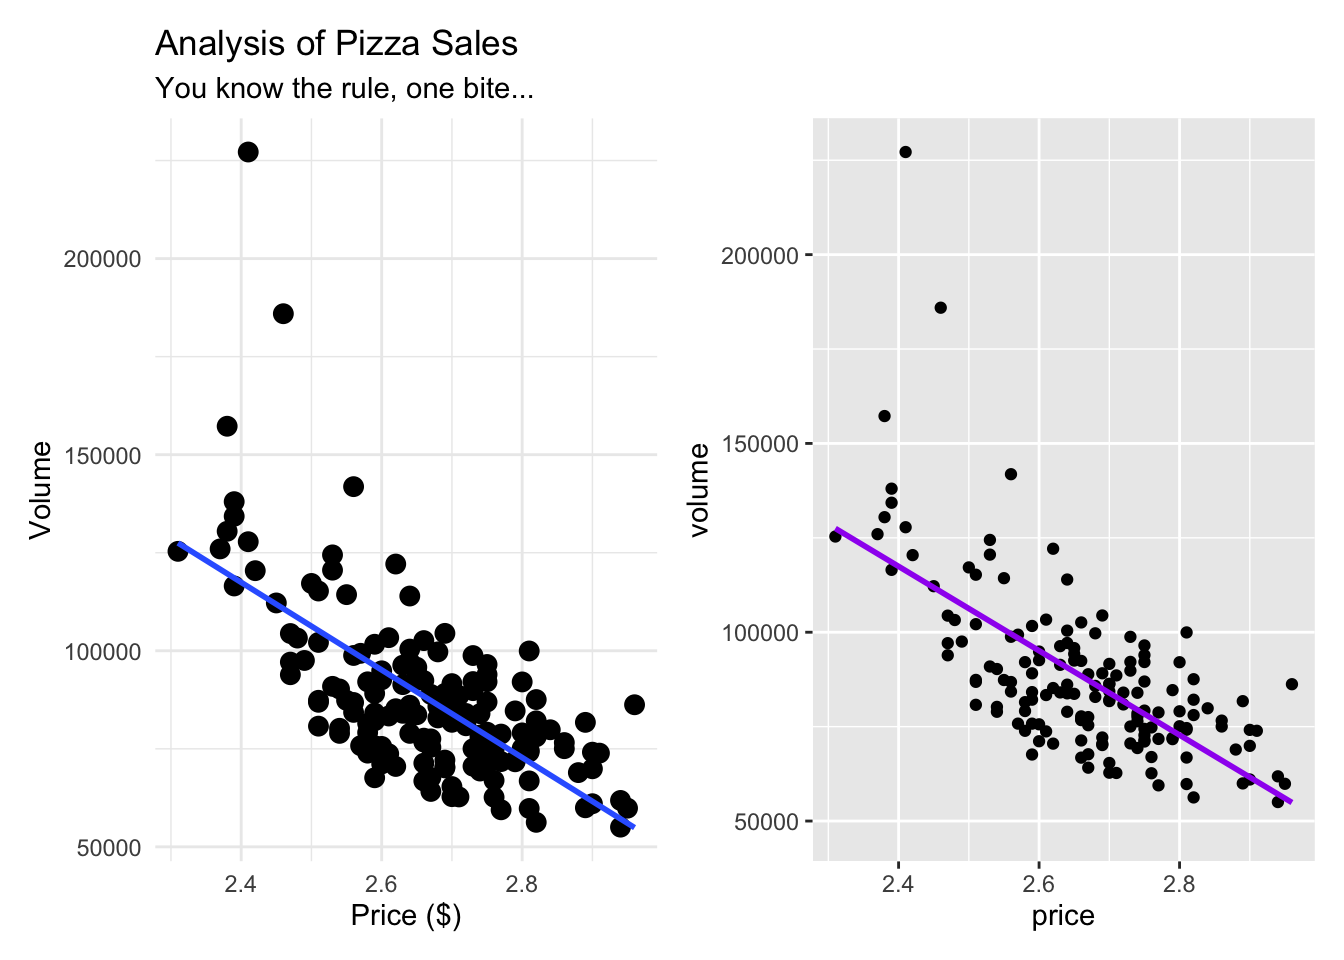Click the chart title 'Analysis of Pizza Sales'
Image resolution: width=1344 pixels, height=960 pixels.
[x=336, y=44]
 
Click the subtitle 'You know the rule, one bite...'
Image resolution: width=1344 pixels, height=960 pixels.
[x=344, y=89]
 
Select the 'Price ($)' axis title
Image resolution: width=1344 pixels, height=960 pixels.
[x=405, y=915]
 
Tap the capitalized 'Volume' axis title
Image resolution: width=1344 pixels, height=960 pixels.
[x=40, y=490]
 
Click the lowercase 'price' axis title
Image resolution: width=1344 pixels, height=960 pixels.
[x=1063, y=916]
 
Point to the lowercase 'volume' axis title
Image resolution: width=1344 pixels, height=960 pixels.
[x=699, y=490]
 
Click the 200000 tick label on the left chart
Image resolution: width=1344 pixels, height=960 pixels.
[x=102, y=259]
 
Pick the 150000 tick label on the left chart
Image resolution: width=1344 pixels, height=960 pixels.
[x=102, y=456]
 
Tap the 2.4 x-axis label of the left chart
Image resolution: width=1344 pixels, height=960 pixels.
[x=240, y=884]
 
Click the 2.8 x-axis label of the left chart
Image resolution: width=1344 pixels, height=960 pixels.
[x=521, y=884]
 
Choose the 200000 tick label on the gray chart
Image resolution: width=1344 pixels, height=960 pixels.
[x=759, y=256]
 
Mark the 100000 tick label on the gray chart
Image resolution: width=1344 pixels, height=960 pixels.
[x=759, y=633]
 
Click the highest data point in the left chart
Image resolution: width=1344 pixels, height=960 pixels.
[x=248, y=152]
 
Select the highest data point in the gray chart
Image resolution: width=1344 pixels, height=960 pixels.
[x=905, y=152]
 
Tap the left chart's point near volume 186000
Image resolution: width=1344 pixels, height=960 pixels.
[x=283, y=314]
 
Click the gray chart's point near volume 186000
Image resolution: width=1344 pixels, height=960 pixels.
[x=940, y=308]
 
